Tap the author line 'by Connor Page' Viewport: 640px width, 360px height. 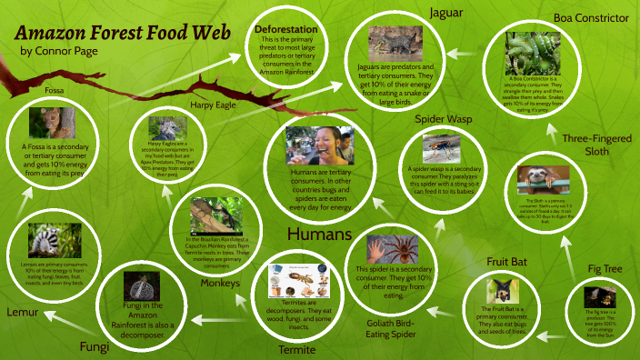pos(59,51)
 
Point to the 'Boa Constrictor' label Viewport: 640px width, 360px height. pos(591,18)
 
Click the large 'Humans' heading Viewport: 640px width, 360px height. pos(319,235)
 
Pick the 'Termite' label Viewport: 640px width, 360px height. pos(298,349)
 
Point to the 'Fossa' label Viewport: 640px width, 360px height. pos(55,91)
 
